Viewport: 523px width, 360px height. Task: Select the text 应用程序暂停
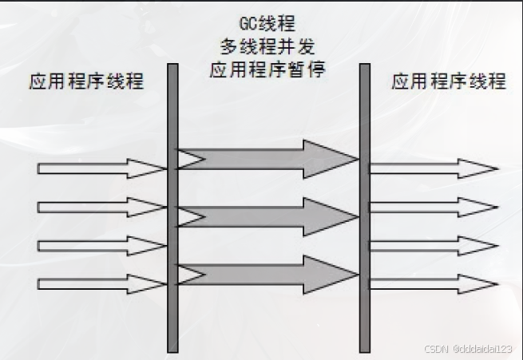(267, 69)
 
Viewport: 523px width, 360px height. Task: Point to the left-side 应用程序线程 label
(87, 81)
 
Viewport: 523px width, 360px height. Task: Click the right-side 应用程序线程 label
(449, 81)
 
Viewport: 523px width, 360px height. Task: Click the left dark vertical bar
(172, 208)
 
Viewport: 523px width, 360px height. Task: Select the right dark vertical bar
(364, 208)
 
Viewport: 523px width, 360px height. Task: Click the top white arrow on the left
(100, 168)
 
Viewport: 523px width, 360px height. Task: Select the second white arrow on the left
(100, 208)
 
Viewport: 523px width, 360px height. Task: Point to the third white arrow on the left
(100, 245)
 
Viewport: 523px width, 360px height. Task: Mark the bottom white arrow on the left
(100, 283)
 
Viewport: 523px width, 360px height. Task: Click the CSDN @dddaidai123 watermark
(470, 349)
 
